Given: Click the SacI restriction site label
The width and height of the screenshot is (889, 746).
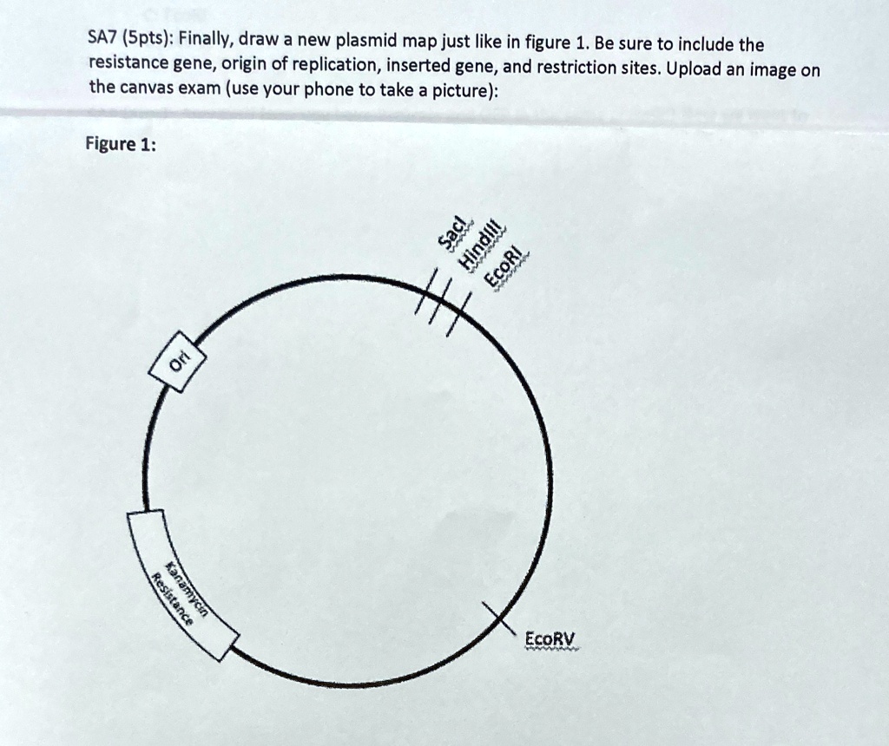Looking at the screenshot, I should point(453,238).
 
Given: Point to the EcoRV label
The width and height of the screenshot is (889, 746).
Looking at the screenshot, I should point(550,639).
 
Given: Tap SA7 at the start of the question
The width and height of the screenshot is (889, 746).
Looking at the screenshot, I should point(103,39).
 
